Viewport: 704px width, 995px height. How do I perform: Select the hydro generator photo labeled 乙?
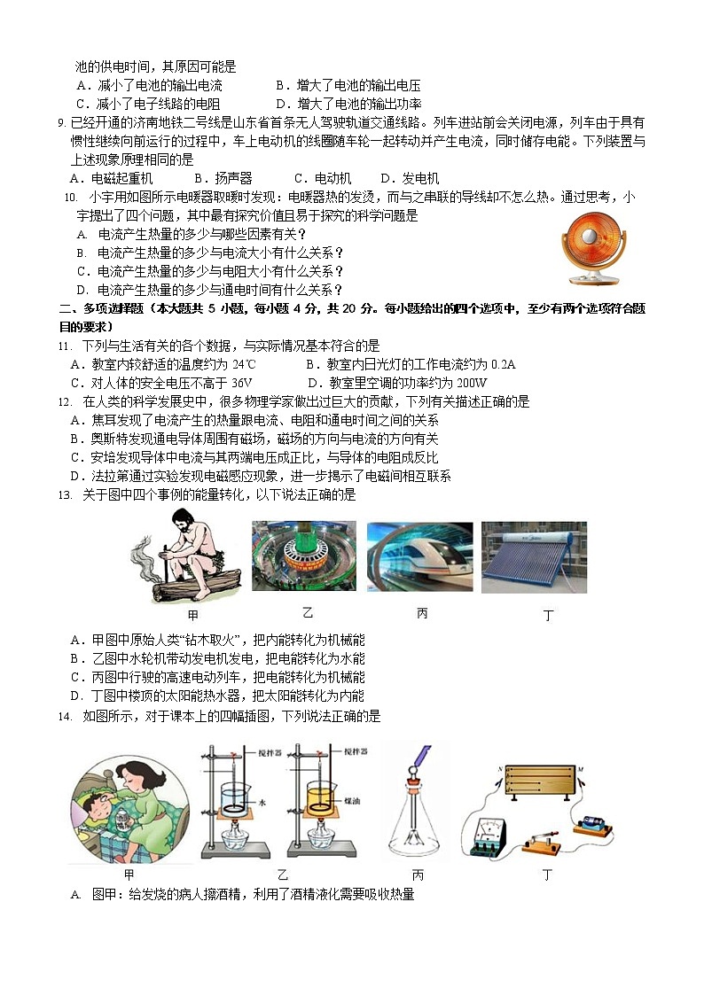(304, 556)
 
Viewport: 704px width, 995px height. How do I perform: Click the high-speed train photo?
(419, 556)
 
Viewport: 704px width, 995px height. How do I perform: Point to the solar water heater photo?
(534, 557)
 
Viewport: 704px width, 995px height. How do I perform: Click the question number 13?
(65, 495)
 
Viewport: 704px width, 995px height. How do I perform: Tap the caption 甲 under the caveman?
(193, 614)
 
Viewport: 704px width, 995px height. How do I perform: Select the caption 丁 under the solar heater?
(549, 615)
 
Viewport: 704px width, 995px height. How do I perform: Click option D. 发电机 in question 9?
(410, 178)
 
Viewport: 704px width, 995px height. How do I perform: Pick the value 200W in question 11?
(473, 383)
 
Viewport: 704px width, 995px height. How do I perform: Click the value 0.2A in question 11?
(504, 364)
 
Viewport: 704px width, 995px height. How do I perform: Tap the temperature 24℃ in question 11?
(244, 364)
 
